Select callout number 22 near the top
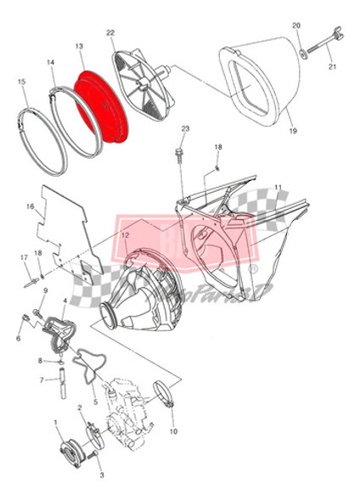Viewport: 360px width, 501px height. (110, 32)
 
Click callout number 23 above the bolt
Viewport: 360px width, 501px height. (185, 128)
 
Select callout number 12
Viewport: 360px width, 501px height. (124, 235)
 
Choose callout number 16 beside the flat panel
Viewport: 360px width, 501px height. (30, 206)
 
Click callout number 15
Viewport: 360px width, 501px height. (21, 82)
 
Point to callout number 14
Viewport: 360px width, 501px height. (50, 62)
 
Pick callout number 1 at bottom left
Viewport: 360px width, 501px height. (55, 422)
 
